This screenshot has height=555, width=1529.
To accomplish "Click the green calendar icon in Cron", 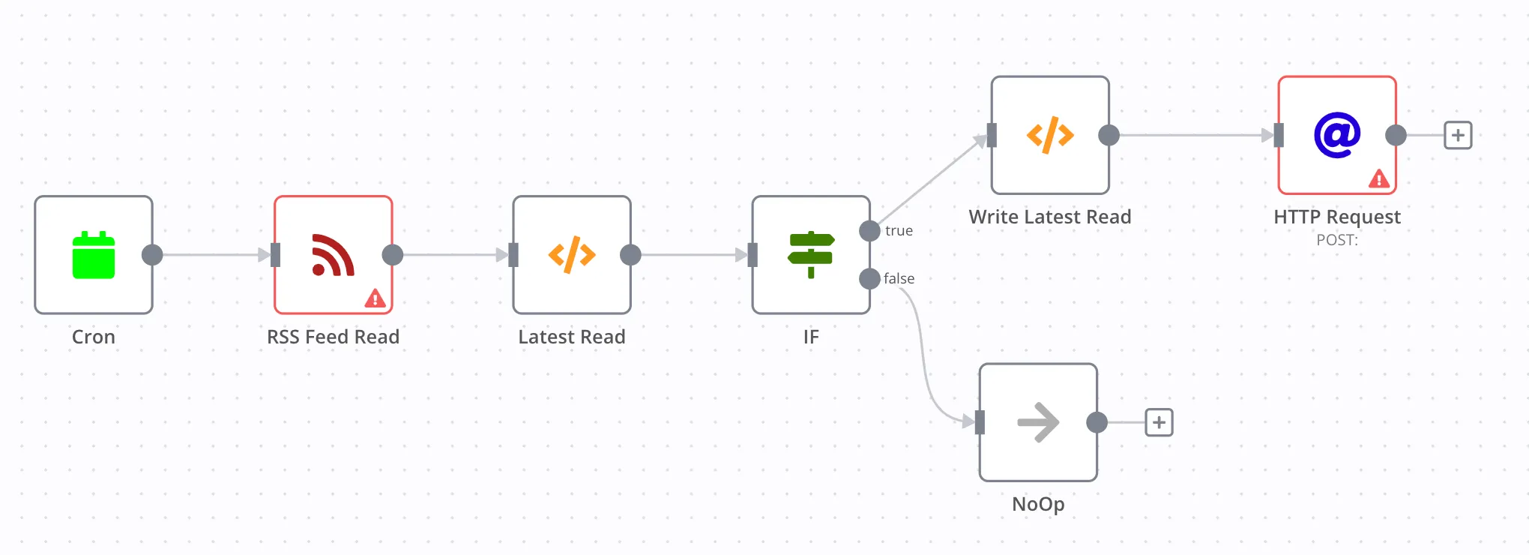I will (x=94, y=255).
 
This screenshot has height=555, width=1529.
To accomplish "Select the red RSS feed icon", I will (x=333, y=255).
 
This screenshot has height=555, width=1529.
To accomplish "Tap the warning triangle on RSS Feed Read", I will (x=375, y=298).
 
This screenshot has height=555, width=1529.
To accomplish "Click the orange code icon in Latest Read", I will (x=572, y=255).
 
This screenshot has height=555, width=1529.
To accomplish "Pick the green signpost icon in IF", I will (x=811, y=255).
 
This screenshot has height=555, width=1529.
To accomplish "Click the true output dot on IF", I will (x=869, y=231).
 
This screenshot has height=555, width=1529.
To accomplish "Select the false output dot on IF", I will (x=869, y=279).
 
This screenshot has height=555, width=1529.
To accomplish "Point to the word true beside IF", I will (x=899, y=231).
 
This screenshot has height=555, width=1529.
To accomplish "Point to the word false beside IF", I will (x=899, y=279).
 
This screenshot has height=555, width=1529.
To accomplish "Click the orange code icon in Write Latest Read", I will (x=1050, y=135).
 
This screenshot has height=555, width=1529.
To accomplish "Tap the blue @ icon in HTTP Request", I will (x=1337, y=135).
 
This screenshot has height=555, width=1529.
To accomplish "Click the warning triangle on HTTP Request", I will (x=1379, y=178).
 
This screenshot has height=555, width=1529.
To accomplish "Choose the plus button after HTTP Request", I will (x=1458, y=136).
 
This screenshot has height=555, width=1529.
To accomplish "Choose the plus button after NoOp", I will (x=1159, y=422).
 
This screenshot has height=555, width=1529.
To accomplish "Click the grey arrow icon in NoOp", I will (x=1038, y=422).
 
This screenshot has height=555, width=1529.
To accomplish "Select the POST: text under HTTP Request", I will (x=1337, y=240).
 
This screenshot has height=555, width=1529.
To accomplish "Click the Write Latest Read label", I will (x=1050, y=217).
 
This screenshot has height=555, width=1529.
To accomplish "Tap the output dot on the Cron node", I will (x=152, y=255).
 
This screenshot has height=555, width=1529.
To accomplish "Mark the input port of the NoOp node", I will (x=980, y=422).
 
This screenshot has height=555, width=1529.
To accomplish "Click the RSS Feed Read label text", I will (x=333, y=337).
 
